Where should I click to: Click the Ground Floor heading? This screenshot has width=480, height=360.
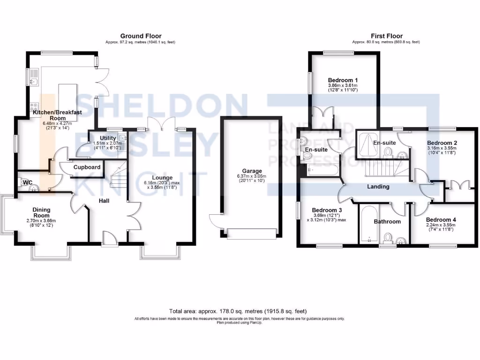pos(141,36)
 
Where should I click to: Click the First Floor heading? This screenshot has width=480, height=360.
pos(386,36)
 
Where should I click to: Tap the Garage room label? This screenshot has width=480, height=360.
pos(252,171)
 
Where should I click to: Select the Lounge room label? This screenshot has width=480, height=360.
pos(161,178)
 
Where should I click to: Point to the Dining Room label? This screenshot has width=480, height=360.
pos(41,213)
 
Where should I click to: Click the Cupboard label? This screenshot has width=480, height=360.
pos(87,167)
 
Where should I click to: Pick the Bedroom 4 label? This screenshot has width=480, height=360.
pos(441,219)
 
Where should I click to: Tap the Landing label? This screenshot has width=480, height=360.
pos(378,187)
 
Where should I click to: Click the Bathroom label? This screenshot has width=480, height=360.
pos(387,221)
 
